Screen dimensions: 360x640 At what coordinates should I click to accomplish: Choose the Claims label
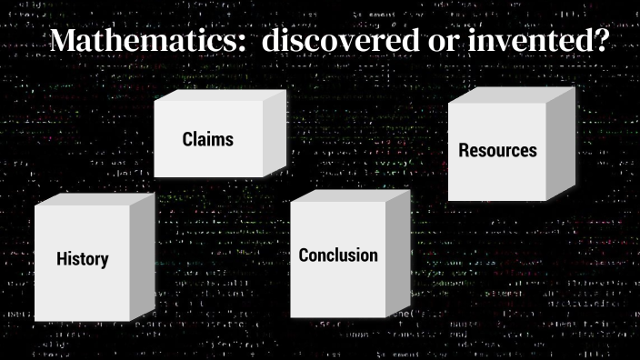click(207, 139)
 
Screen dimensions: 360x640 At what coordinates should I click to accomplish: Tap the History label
click(82, 259)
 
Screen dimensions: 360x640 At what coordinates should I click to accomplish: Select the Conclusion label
click(338, 255)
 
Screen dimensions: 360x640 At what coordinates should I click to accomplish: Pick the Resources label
click(497, 150)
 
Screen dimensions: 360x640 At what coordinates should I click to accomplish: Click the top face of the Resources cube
click(515, 95)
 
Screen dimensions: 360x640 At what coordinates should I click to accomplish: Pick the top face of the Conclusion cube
click(351, 195)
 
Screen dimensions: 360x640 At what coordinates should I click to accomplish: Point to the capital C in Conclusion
click(305, 255)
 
